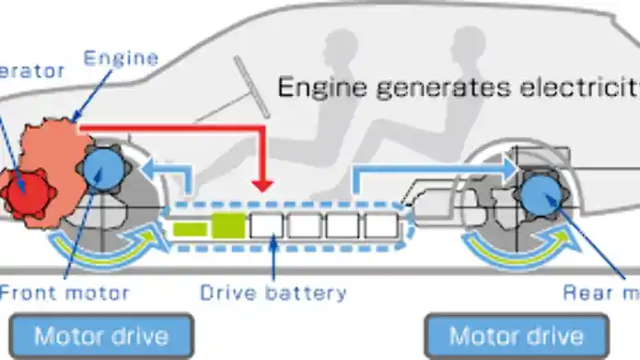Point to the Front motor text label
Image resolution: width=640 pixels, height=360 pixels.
65,294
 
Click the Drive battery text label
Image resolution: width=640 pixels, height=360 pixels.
273,294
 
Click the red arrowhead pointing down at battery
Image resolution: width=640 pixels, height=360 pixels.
264,183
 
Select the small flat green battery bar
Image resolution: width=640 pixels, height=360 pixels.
190,227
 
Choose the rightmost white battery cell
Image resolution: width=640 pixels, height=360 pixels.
379,225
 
